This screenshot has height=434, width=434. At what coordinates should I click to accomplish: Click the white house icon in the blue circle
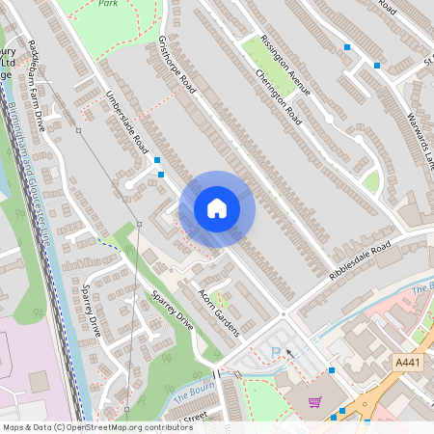point(217,207)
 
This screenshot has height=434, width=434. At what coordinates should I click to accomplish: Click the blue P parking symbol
point(277,352)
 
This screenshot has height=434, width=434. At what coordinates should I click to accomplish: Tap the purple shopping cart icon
point(313,402)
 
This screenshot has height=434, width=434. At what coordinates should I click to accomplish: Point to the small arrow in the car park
point(288,366)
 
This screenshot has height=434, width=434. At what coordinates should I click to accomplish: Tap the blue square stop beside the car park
point(332,370)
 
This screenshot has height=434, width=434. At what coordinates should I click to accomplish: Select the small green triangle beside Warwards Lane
point(372,181)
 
